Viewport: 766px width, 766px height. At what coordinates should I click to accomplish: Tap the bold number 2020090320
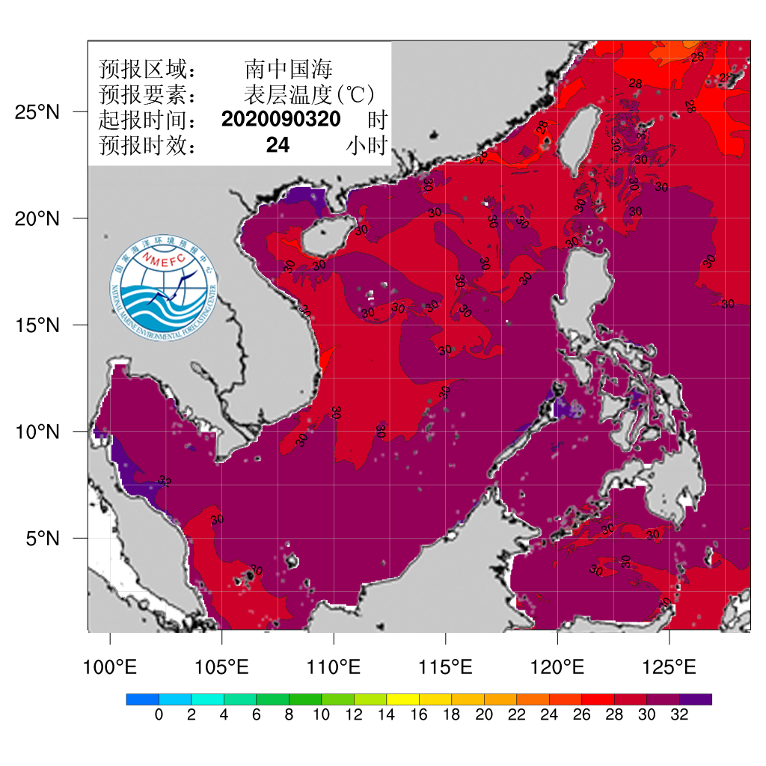click(x=281, y=120)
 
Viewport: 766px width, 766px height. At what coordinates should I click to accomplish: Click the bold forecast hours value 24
click(x=278, y=145)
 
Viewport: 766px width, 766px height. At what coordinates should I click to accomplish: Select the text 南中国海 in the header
click(x=288, y=70)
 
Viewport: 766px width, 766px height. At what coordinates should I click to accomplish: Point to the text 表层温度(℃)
click(x=308, y=95)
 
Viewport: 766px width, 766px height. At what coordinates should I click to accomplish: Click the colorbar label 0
click(x=159, y=715)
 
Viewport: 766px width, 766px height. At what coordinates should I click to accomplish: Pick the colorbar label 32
click(x=679, y=715)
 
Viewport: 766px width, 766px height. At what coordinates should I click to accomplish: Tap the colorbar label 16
click(x=419, y=715)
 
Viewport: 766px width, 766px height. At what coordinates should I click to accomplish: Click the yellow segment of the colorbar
click(x=402, y=699)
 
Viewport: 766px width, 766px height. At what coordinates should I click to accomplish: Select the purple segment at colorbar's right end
click(x=696, y=699)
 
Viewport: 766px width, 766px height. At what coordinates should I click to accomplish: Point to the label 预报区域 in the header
click(x=147, y=70)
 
